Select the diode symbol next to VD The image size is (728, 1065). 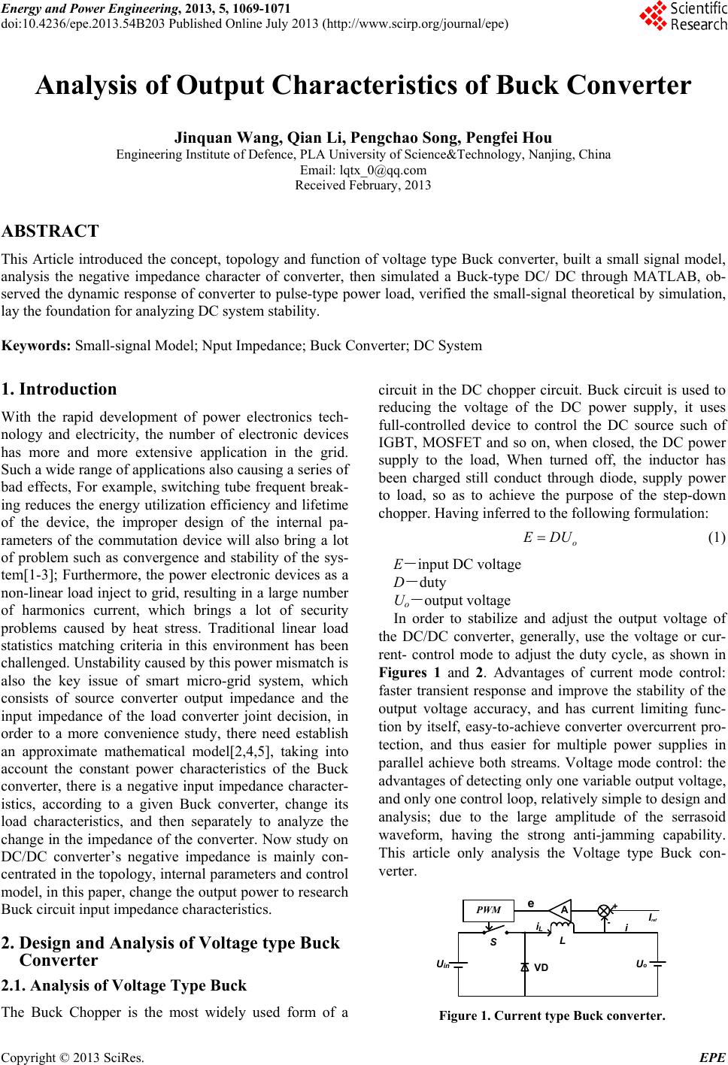tap(524, 967)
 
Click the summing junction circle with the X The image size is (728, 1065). tap(604, 910)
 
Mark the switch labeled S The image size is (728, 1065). tap(493, 935)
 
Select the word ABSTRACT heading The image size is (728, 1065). tap(51, 231)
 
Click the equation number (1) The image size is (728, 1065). tap(717, 539)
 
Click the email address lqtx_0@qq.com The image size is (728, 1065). tap(363, 170)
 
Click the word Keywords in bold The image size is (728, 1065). tap(37, 346)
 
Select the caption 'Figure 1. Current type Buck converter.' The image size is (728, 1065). tap(552, 1017)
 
